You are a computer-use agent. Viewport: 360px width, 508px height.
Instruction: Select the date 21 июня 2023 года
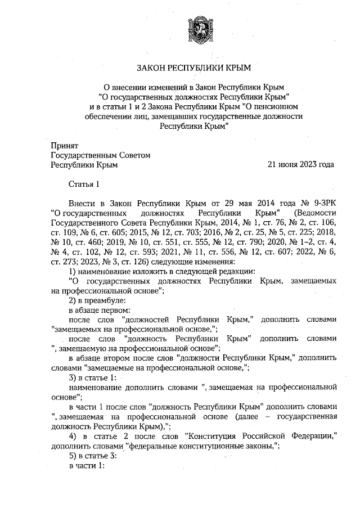click(301, 165)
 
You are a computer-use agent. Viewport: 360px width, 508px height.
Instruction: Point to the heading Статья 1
click(84, 183)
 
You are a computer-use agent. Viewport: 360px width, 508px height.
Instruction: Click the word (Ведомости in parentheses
click(315, 213)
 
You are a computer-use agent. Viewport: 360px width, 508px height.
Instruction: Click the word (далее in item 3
click(239, 416)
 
